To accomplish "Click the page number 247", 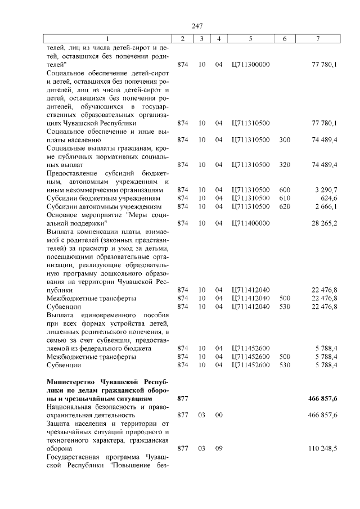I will point(197,26).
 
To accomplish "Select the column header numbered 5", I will point(250,38).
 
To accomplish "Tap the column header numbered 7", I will point(318,38).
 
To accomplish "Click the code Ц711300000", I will point(250,65).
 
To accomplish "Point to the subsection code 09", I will point(219,449).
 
